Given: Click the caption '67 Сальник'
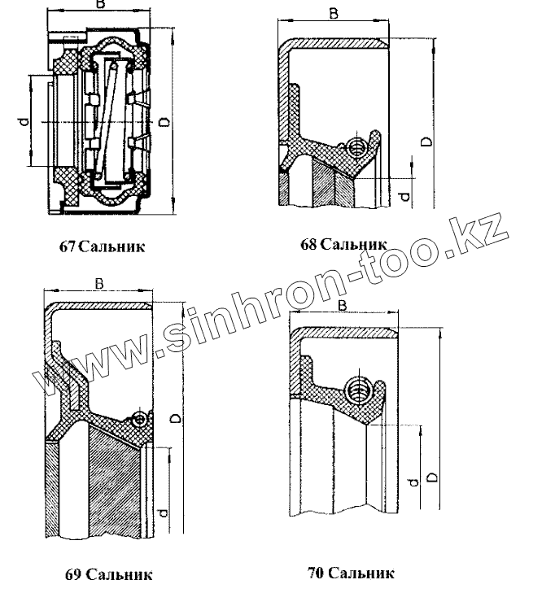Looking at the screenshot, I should pos(103,246).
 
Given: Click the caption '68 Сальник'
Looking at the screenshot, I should pos(342,244).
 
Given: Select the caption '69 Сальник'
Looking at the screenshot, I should pos(108,575).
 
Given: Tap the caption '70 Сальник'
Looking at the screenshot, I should pos(351,573).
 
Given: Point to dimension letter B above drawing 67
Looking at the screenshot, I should pos(99,6).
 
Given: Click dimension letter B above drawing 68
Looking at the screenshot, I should pos(334,13).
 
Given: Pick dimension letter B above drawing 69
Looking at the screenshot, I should pos(98,284).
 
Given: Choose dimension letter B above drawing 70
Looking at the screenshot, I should pos(343,304).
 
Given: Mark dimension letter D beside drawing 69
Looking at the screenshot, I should pos(174,417).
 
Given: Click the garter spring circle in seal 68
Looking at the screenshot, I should pos(356,146).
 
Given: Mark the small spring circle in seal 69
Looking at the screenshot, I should pos(140,419).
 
